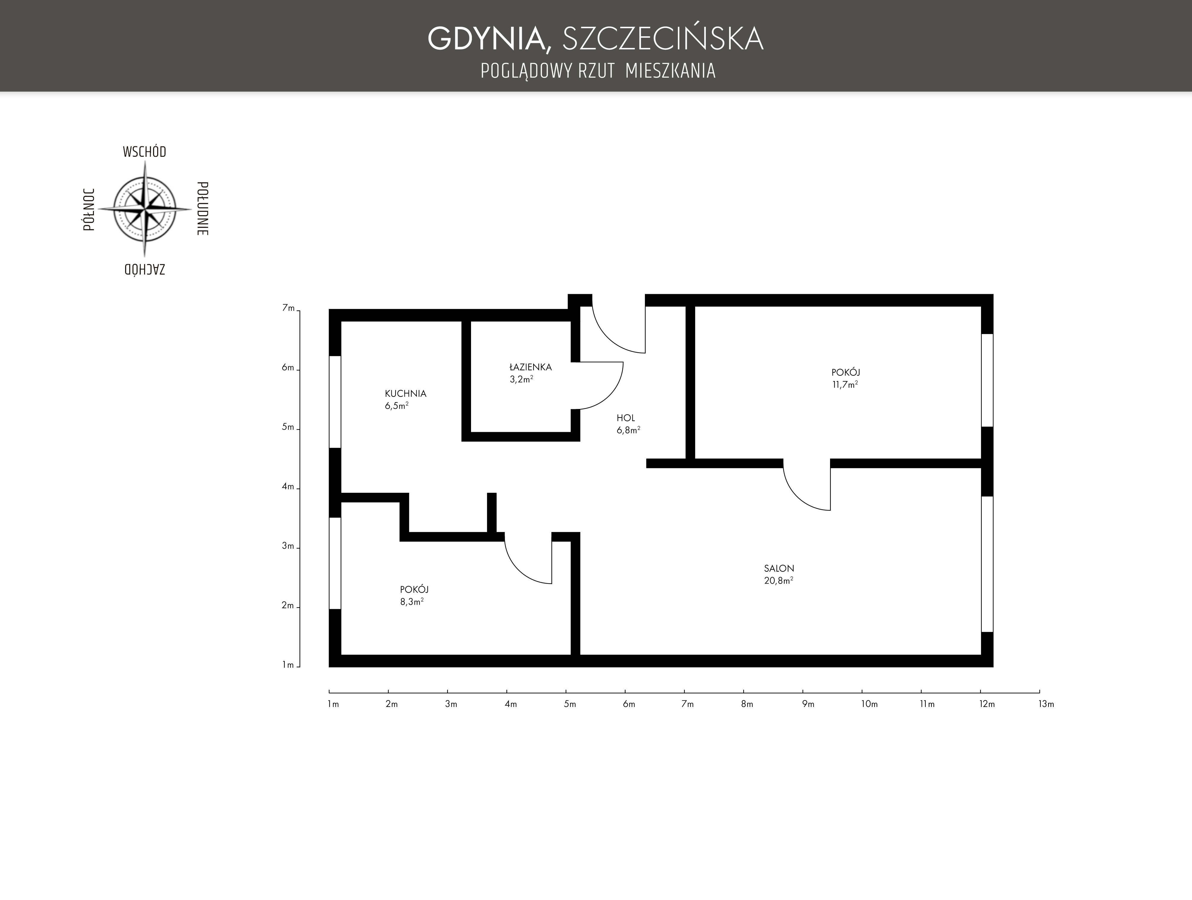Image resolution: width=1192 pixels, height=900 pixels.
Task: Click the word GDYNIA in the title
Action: pyautogui.click(x=489, y=39)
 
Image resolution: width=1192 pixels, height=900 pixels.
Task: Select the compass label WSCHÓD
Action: pyautogui.click(x=144, y=152)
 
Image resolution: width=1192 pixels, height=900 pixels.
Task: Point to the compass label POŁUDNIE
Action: pyautogui.click(x=203, y=209)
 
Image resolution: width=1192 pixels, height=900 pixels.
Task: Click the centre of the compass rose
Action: pyautogui.click(x=144, y=209)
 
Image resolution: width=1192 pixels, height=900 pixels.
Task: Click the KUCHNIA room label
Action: pyautogui.click(x=405, y=394)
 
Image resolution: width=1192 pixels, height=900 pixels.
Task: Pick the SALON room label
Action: pyautogui.click(x=779, y=568)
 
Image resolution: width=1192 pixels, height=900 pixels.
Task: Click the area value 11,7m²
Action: pyautogui.click(x=845, y=385)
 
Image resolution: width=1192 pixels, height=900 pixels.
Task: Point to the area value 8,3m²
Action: pyautogui.click(x=411, y=602)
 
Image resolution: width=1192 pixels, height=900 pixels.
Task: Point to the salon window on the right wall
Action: pyautogui.click(x=987, y=564)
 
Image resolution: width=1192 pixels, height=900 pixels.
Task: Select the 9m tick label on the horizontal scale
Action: pyautogui.click(x=808, y=704)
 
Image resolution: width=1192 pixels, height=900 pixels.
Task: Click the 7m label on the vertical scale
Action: pyautogui.click(x=288, y=308)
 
